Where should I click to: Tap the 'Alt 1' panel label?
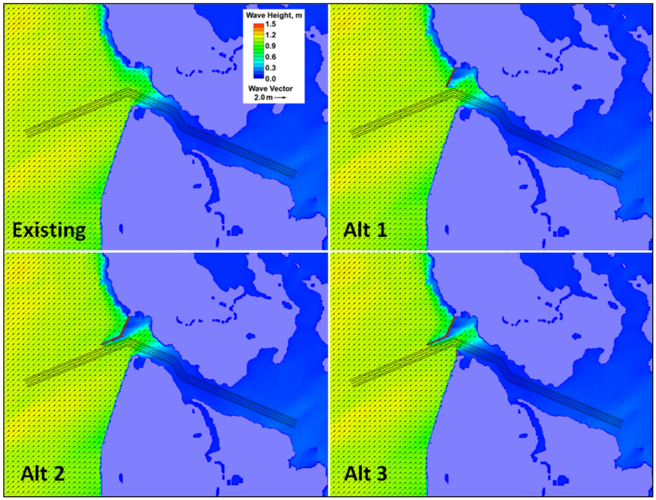[x=365, y=228]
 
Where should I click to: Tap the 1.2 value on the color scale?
[x=270, y=35]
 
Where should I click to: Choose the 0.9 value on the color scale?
[x=270, y=46]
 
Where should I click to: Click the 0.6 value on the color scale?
[x=270, y=56]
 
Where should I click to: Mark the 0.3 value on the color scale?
[x=270, y=67]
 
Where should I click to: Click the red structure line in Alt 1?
[x=450, y=77]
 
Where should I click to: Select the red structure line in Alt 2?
[x=119, y=333]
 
